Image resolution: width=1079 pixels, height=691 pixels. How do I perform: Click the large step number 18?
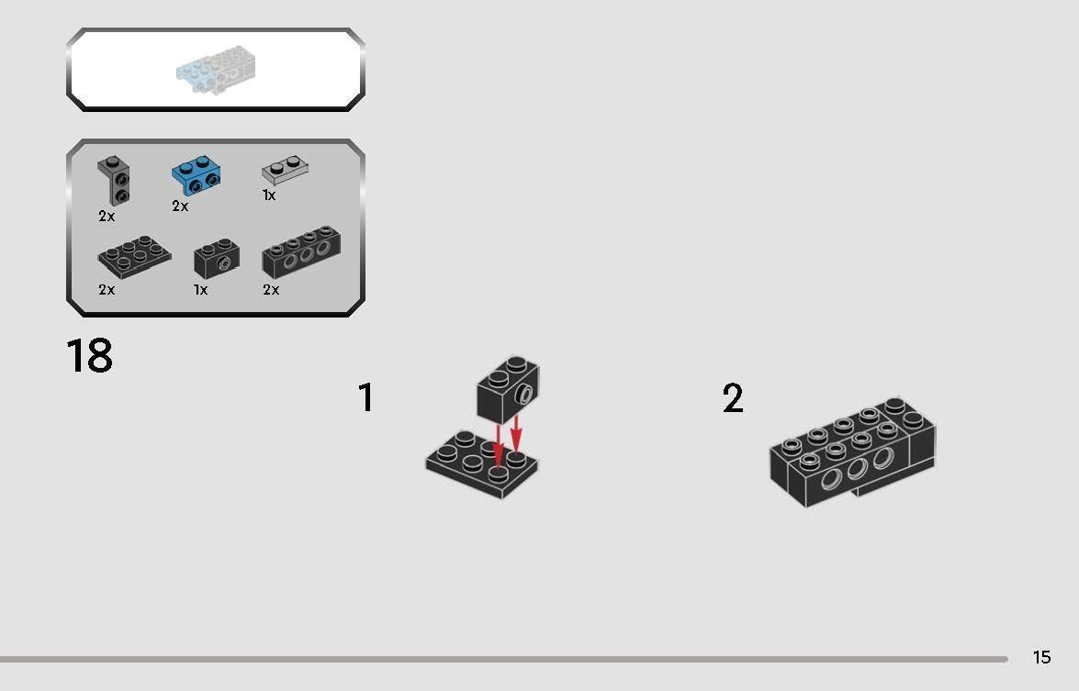pos(89,356)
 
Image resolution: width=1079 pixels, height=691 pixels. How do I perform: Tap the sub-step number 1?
pos(365,398)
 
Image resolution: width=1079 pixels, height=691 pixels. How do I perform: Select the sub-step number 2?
pos(732,399)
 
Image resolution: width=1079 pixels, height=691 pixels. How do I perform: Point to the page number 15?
pos(1041,657)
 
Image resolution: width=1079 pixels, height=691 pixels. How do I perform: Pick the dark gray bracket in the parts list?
pos(115,181)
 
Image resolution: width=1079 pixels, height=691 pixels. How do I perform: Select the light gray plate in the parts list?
pos(285,168)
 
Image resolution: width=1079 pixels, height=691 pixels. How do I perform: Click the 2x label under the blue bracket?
pos(180,206)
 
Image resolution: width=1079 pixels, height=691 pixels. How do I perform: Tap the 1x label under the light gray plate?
pos(269,195)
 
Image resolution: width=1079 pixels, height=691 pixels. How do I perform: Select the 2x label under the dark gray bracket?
pos(107,217)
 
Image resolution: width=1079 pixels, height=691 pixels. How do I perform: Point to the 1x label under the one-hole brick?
pos(200,290)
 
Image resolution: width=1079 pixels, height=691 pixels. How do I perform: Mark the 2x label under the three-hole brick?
pos(271,290)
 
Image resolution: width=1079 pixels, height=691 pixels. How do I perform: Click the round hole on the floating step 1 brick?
pos(524,396)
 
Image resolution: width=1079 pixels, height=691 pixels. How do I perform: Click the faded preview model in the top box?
pos(216,71)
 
